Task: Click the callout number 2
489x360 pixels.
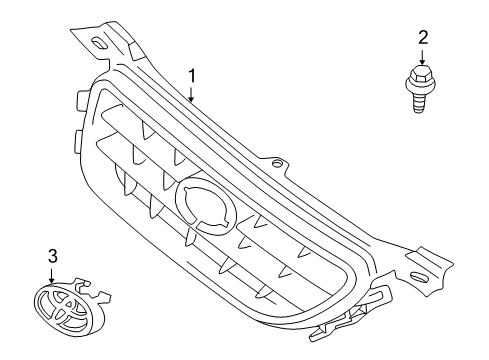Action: pyautogui.click(x=422, y=38)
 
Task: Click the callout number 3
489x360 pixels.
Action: pyautogui.click(x=51, y=258)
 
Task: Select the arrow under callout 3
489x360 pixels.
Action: pyautogui.click(x=51, y=276)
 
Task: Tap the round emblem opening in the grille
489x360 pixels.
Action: pyautogui.click(x=207, y=212)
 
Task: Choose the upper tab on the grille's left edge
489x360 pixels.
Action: pyautogui.click(x=78, y=99)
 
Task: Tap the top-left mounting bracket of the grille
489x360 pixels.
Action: pyautogui.click(x=105, y=40)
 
